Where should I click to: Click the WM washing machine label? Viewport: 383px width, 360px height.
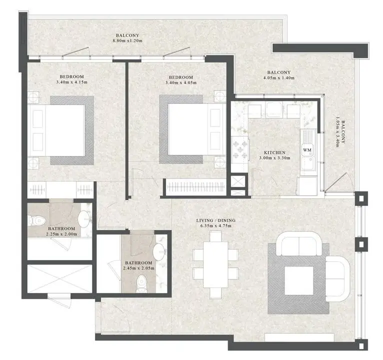click(307, 149)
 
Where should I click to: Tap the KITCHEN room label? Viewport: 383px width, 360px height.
click(275, 152)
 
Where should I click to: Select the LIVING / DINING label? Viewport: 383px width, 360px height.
click(216, 220)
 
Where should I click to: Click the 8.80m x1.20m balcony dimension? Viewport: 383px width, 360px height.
click(127, 41)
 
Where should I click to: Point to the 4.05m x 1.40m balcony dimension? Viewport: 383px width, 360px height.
click(279, 78)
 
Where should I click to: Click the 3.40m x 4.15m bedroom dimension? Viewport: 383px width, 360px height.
click(72, 82)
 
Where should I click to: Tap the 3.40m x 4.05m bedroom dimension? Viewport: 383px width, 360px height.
click(181, 82)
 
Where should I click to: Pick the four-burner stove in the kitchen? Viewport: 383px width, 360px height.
click(240, 149)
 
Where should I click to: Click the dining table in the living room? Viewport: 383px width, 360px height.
click(215, 264)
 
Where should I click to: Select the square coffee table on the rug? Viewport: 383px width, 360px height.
click(299, 280)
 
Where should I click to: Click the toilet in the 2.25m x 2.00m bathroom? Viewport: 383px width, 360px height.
click(36, 220)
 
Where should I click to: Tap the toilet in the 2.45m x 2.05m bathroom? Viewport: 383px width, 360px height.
click(141, 283)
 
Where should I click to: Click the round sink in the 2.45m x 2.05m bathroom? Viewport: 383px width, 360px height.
click(159, 252)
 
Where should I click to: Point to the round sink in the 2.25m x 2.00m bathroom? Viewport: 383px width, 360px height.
click(84, 219)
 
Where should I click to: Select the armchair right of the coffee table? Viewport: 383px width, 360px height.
click(338, 278)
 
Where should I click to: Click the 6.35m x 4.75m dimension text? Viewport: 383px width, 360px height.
click(216, 225)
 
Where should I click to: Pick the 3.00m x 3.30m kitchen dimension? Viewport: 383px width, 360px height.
click(275, 158)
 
